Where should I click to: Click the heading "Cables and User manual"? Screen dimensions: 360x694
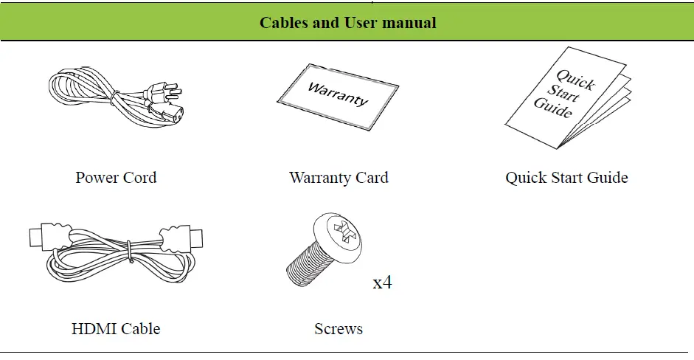coord(347,23)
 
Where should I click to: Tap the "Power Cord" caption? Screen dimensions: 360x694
coord(116,178)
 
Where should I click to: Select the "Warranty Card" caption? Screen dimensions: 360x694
coord(339,178)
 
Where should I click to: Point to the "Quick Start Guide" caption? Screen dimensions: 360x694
coord(566,178)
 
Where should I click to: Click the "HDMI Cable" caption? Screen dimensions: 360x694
coord(116,328)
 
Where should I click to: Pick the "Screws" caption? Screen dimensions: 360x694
coord(339,328)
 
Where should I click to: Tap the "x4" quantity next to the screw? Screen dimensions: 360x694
coord(382,283)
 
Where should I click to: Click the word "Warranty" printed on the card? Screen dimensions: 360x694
coord(338,95)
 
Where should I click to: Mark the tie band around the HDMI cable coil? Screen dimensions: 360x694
coord(128,253)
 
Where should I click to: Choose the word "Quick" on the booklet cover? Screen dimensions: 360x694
coord(575,80)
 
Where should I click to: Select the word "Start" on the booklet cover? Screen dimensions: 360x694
coord(563,94)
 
